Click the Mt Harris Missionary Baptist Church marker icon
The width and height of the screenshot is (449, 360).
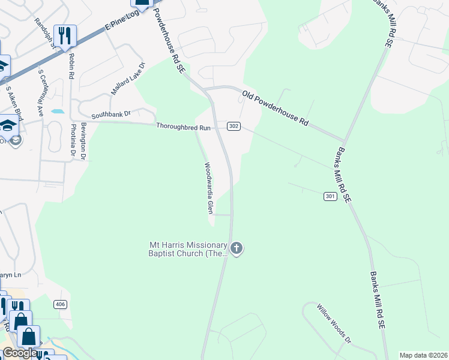237,248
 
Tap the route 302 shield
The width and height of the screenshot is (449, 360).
234,126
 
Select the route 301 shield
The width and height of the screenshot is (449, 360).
330,196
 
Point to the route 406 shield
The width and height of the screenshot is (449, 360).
60,305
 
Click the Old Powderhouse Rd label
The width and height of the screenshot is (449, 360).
275,108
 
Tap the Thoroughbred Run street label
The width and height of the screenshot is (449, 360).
184,127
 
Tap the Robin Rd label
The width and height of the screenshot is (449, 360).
71,66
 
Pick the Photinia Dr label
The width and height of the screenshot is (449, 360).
73,140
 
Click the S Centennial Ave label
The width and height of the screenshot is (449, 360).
41,92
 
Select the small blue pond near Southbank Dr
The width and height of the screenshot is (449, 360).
58,111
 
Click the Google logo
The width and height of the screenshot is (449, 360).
19,353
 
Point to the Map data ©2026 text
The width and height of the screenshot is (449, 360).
423,355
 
